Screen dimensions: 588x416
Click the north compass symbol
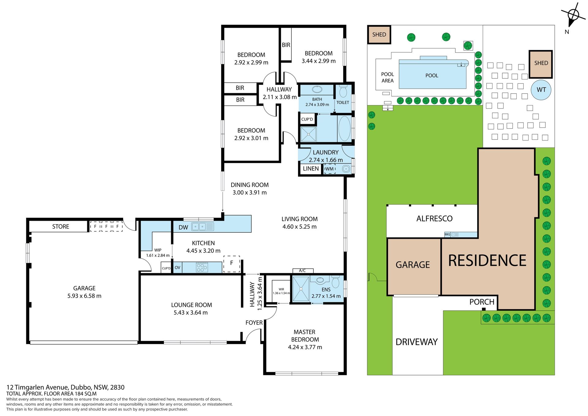(573, 15)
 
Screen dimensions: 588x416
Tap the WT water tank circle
(541, 90)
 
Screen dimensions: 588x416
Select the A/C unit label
(302, 270)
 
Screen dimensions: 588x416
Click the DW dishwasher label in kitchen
(183, 227)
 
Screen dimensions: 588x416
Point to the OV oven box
(178, 267)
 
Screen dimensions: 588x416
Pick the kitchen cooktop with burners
(202, 267)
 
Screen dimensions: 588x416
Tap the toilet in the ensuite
(336, 282)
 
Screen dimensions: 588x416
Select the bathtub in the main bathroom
(345, 128)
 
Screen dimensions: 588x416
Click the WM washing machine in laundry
(330, 169)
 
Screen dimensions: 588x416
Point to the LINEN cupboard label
(311, 169)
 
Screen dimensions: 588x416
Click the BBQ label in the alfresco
(447, 235)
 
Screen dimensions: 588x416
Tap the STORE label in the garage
(61, 227)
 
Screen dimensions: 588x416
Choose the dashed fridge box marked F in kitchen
(232, 264)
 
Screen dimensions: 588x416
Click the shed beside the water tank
(541, 64)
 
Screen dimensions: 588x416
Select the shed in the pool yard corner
(379, 35)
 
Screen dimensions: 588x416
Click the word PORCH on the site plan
(482, 302)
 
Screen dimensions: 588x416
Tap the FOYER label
(254, 322)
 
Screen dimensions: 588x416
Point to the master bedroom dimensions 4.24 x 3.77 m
(305, 347)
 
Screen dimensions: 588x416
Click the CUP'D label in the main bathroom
(307, 119)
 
